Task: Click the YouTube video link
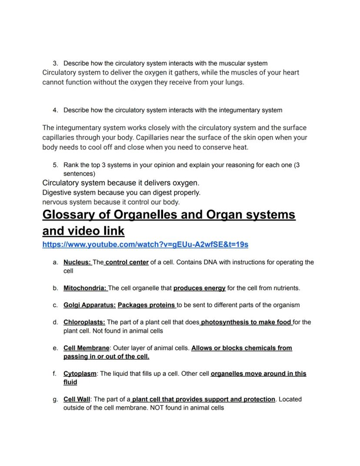(145, 245)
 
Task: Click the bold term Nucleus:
(77, 262)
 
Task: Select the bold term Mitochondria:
(85, 288)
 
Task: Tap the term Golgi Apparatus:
(90, 305)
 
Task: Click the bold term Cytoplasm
(80, 374)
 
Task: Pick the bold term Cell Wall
(77, 399)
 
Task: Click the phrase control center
(127, 262)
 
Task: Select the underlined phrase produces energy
(199, 288)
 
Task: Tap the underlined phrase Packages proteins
(146, 305)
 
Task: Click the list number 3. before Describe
(55, 64)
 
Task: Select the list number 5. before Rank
(55, 165)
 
